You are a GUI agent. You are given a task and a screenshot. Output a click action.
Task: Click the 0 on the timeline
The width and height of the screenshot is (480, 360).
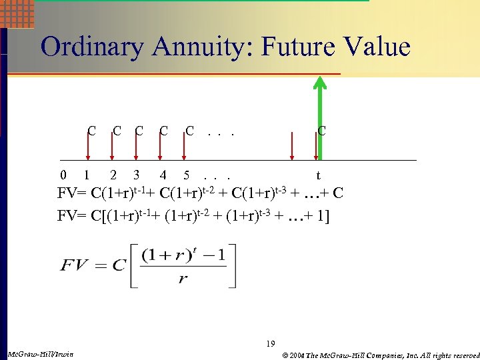[63, 176]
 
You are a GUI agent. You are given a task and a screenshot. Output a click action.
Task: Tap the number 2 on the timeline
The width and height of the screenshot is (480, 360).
[113, 176]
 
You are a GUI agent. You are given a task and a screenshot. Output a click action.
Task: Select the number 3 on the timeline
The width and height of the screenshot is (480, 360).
[136, 176]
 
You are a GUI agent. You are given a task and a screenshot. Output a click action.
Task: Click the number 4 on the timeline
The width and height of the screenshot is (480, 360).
[163, 176]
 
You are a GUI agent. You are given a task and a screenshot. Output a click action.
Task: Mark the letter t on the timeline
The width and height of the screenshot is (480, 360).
[318, 177]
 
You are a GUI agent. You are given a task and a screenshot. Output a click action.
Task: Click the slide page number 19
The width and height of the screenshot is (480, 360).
[270, 344]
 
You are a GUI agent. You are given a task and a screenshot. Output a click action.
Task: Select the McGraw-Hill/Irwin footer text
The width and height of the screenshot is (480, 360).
[39, 353]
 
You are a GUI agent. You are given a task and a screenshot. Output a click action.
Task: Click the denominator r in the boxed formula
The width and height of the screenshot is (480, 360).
[182, 279]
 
